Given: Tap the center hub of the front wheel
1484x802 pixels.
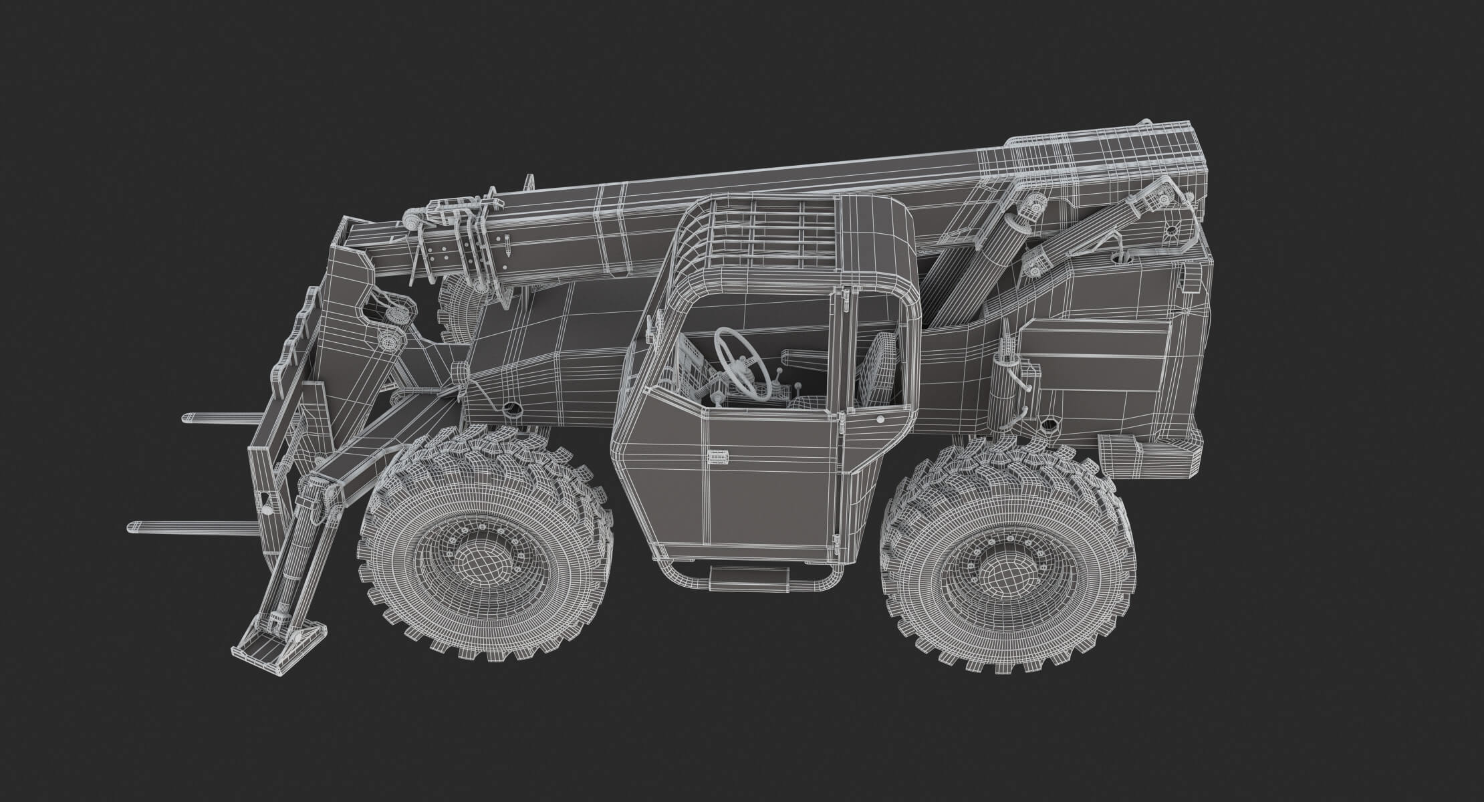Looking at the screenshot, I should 484,557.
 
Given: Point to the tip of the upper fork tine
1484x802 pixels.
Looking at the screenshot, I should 188,418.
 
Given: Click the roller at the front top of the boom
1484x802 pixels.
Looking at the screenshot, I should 413,221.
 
